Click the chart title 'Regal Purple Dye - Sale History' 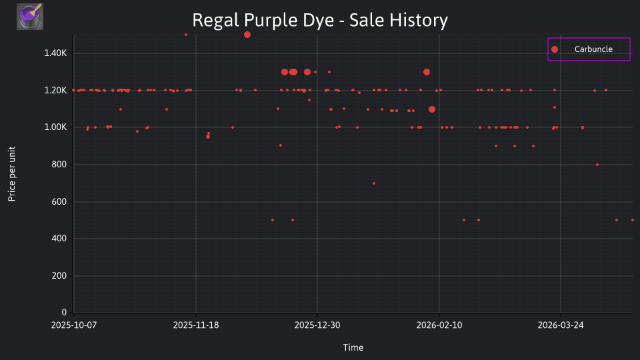[x=320, y=20]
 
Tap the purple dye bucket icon [x=30, y=17]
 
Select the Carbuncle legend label [x=593, y=49]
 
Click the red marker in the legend [x=555, y=49]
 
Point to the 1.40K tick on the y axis [x=55, y=53]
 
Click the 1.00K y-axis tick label [x=55, y=127]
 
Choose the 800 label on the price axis [x=59, y=165]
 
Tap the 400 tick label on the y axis [x=59, y=239]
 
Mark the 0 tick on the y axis [x=64, y=313]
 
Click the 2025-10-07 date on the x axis [x=74, y=325]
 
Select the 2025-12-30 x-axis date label [x=317, y=325]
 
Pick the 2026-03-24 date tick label [x=561, y=325]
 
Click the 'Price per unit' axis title [x=12, y=174]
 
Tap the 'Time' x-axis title [x=353, y=347]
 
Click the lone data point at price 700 [x=374, y=183]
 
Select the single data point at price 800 [x=597, y=165]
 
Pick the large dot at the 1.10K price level [x=432, y=109]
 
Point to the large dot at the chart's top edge [x=247, y=35]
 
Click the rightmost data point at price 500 [x=633, y=220]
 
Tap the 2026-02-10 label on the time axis [x=439, y=325]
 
